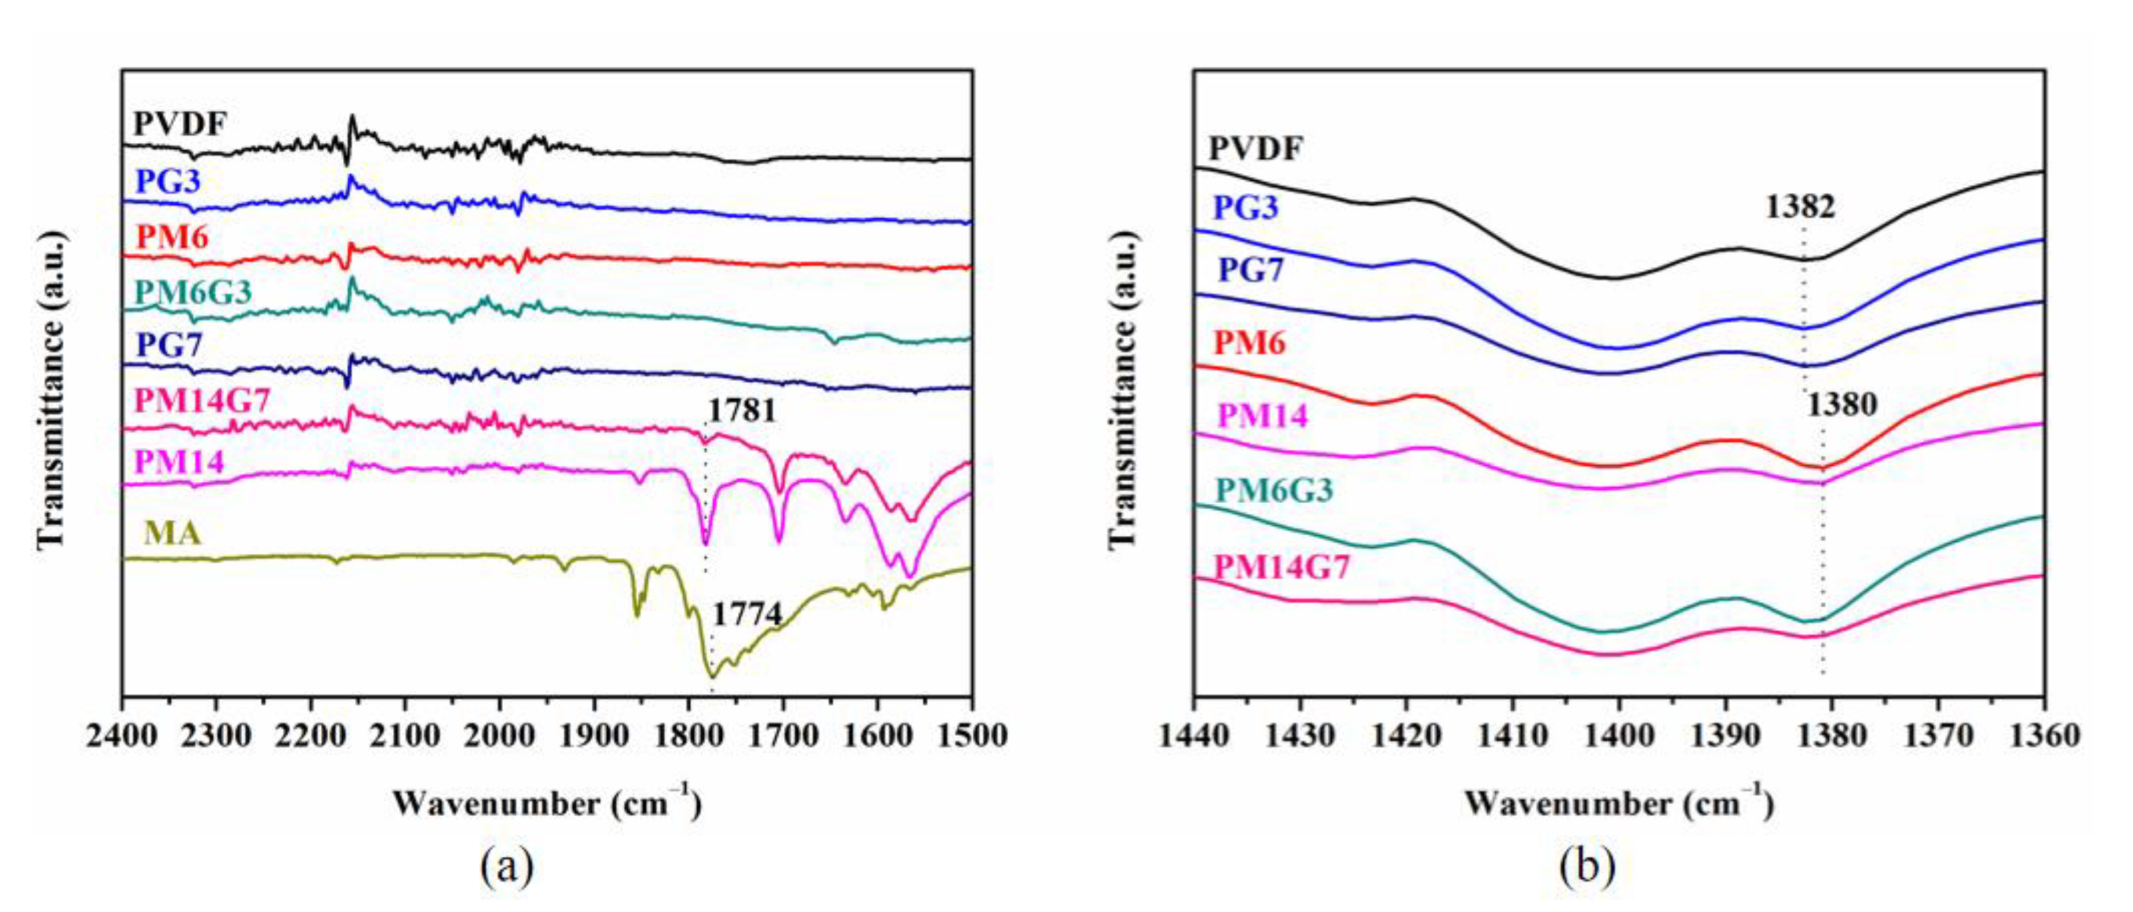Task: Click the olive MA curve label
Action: [x=172, y=534]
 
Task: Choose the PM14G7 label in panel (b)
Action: [x=1282, y=567]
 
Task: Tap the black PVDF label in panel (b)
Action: [x=1256, y=149]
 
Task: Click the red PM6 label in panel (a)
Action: [x=172, y=238]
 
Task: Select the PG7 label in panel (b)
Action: [x=1251, y=270]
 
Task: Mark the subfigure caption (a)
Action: [x=506, y=867]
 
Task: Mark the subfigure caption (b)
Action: [x=1587, y=867]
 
